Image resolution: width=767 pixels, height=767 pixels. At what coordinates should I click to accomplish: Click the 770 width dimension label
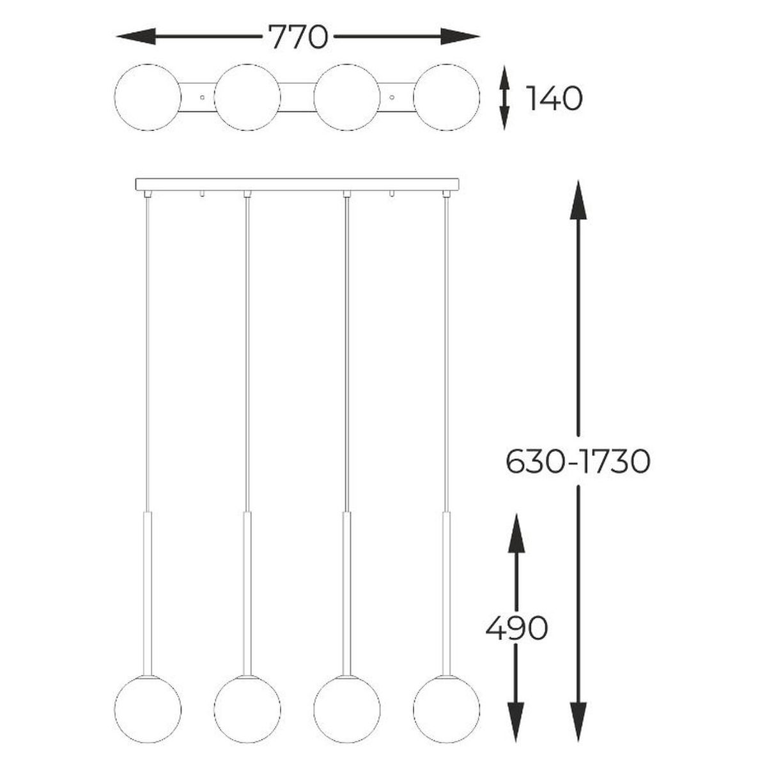(x=298, y=36)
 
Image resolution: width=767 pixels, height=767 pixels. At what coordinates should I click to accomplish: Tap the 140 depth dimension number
(x=554, y=98)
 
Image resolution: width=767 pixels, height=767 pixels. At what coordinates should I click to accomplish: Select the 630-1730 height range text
(x=578, y=461)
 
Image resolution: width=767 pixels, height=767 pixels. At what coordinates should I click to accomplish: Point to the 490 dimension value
(x=516, y=628)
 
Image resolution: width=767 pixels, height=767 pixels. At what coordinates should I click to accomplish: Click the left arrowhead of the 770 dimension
(x=136, y=36)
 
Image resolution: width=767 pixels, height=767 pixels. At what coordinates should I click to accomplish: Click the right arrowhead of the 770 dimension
(x=460, y=36)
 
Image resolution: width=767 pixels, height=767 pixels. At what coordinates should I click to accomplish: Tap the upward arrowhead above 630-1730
(x=578, y=200)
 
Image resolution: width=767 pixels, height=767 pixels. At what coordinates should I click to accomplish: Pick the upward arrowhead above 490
(x=516, y=533)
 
